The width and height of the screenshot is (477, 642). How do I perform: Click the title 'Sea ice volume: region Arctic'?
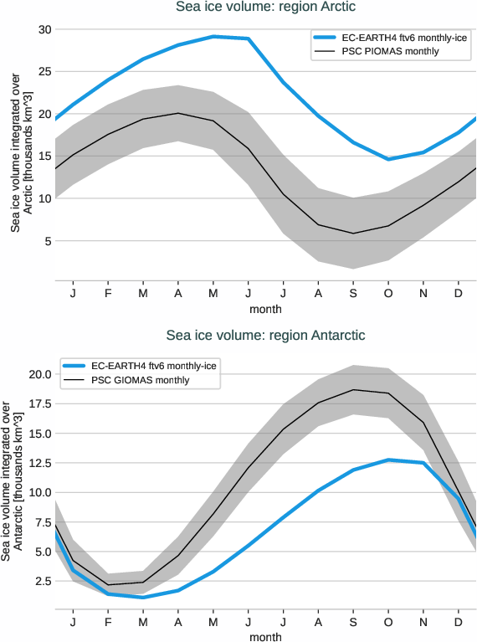[265, 8]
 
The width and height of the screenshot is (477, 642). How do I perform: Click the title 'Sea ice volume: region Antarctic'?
[265, 336]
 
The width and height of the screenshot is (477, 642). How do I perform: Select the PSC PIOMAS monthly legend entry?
[390, 52]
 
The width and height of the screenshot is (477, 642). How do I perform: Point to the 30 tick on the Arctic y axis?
[45, 30]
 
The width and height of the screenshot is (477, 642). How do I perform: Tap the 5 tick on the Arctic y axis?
[48, 241]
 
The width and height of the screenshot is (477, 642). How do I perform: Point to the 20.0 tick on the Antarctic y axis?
[39, 374]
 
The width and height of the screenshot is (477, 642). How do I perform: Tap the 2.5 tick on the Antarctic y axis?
[42, 581]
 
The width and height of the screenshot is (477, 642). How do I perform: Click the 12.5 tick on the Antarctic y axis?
[39, 463]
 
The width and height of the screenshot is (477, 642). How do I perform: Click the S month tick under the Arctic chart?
[353, 294]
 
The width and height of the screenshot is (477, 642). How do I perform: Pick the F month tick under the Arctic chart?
[107, 294]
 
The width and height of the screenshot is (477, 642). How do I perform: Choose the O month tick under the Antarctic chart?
[388, 623]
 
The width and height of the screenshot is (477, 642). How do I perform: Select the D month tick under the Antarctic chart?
[459, 623]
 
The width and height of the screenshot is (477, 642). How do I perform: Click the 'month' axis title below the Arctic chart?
[265, 309]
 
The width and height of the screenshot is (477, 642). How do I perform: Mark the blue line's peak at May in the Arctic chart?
[213, 37]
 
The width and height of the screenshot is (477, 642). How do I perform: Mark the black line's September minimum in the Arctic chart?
[353, 234]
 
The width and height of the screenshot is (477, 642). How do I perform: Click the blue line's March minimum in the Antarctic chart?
[142, 597]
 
